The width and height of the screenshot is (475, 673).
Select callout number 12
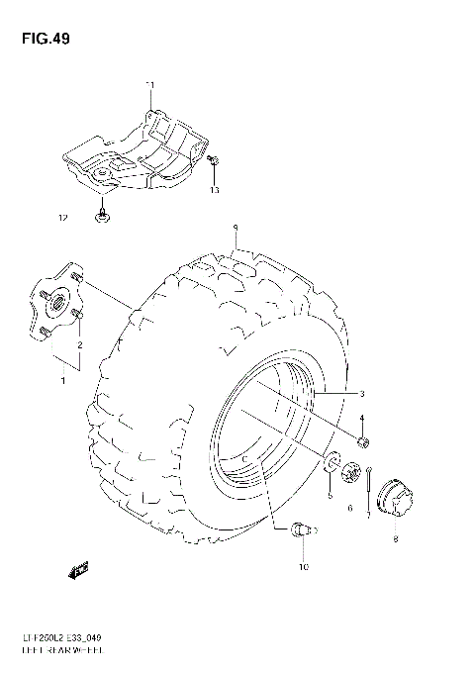(62, 216)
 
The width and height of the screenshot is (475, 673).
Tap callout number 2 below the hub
(80, 344)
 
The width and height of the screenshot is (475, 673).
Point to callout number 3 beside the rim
(363, 393)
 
